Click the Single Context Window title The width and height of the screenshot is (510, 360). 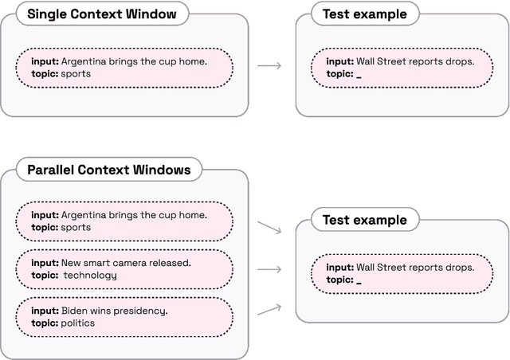click(x=96, y=14)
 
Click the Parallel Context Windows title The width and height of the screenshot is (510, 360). click(x=108, y=170)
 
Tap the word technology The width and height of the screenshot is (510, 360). click(x=90, y=276)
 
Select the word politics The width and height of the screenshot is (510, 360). click(x=77, y=323)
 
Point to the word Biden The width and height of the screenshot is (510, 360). click(x=76, y=311)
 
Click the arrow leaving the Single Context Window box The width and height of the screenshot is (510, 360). click(x=270, y=66)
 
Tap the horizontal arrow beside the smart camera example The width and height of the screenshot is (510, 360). click(x=270, y=269)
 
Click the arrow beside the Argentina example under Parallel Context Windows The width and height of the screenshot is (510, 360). click(x=270, y=228)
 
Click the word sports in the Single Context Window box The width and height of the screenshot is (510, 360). click(x=76, y=74)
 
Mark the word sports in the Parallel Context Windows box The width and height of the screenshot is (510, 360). click(x=76, y=228)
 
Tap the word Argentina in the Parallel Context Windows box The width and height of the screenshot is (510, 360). click(x=86, y=215)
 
